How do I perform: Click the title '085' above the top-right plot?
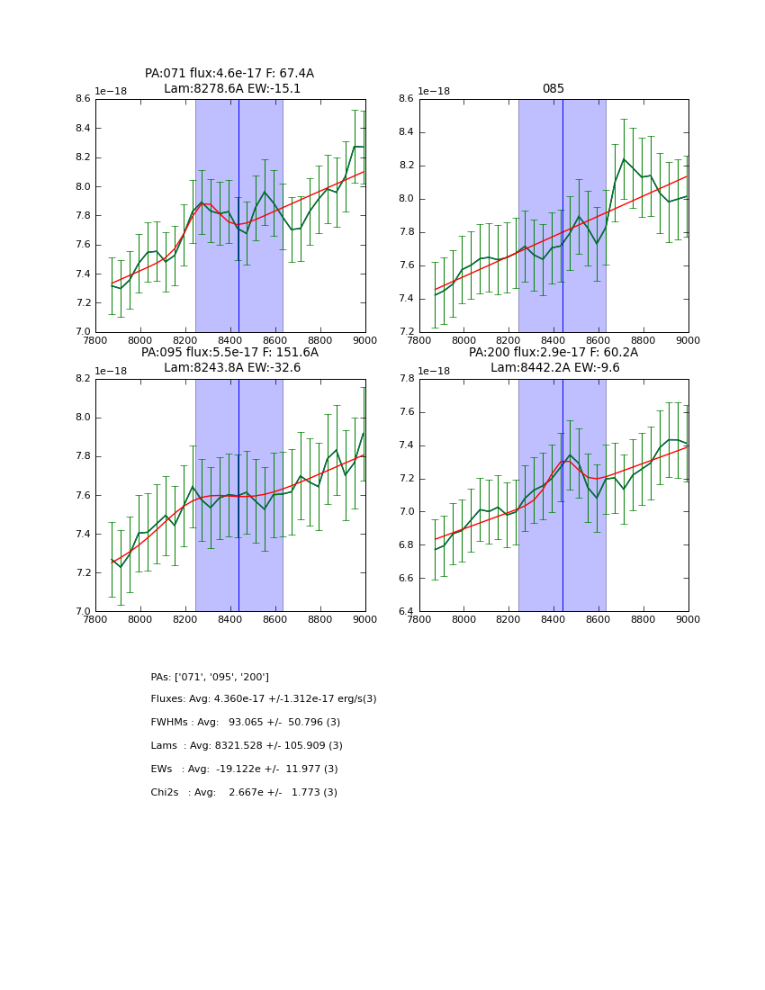(x=553, y=89)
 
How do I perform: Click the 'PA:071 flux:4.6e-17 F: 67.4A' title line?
(x=229, y=74)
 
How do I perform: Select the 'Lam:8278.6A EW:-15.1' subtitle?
(x=232, y=89)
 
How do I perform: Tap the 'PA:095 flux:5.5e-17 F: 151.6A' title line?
(x=229, y=353)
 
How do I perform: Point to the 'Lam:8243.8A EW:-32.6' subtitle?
(x=232, y=368)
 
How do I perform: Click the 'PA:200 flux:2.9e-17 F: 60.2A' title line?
(x=553, y=353)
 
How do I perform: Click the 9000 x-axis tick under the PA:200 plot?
(x=688, y=620)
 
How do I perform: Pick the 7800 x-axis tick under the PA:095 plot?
(x=95, y=620)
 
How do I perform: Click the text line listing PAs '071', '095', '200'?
(x=210, y=677)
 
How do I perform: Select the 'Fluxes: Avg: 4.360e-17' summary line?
(x=264, y=699)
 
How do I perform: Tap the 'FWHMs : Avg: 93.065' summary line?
(x=245, y=723)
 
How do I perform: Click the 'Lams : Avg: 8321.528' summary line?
(x=247, y=746)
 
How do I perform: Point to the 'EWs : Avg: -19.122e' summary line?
(x=244, y=769)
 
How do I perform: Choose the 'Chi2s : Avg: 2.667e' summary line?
(x=244, y=793)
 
